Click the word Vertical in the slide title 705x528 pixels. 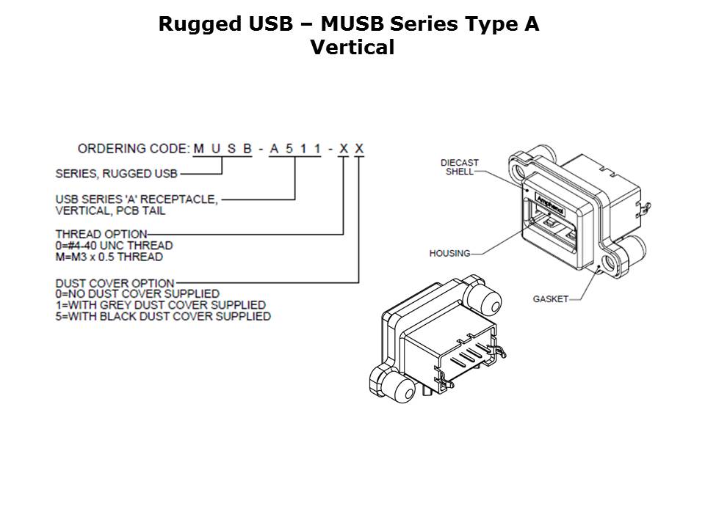(x=352, y=48)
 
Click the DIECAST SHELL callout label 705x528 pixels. (x=460, y=167)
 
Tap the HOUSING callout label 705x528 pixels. (x=449, y=253)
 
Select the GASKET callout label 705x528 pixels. (x=550, y=299)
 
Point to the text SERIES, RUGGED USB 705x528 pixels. (x=117, y=174)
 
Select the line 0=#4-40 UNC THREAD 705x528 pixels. (x=115, y=245)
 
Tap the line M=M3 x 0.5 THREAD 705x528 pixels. (x=109, y=257)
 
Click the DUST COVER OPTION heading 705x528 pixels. (x=115, y=283)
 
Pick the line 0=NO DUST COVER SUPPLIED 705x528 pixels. (x=137, y=294)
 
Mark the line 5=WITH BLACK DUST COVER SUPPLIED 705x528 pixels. (x=163, y=316)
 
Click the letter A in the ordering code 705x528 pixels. (x=274, y=149)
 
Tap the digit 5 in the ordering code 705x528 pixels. (x=289, y=149)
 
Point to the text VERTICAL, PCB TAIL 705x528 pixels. (x=110, y=210)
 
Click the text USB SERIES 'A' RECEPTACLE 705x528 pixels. (x=137, y=199)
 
